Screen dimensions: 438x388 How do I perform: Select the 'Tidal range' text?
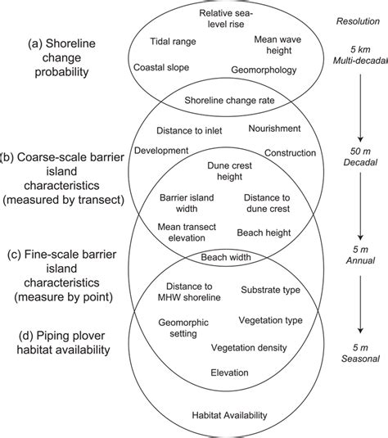(x=172, y=40)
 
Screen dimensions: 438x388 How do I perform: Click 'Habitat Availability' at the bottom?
(x=228, y=415)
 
